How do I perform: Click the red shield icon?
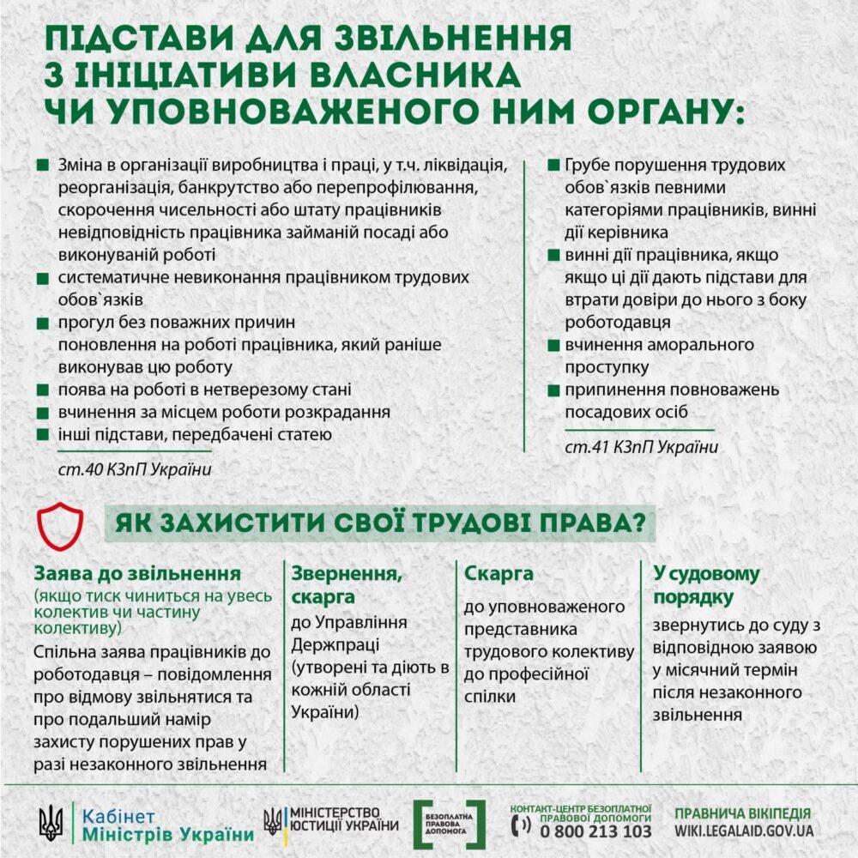pos(59,525)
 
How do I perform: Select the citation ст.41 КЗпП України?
pos(640,447)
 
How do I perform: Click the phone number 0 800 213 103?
pos(595,831)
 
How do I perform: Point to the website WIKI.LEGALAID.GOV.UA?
pos(743,831)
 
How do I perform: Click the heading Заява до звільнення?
pos(137,573)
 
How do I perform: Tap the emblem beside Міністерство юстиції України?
pos(272,822)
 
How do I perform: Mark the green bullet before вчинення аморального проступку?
pos(548,345)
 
